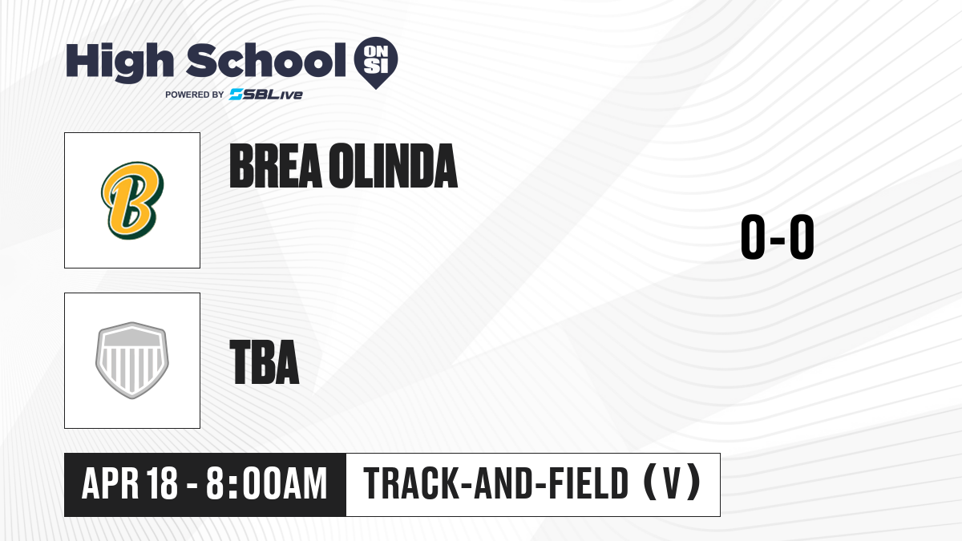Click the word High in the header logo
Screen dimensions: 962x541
coord(119,62)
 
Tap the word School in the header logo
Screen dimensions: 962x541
coord(266,60)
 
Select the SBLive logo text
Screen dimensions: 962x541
coord(266,95)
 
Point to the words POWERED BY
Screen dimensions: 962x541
coord(195,95)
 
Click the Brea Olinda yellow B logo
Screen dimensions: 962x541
coord(132,200)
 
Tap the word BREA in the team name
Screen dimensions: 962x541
coord(276,166)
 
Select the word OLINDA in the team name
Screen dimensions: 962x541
coord(394,166)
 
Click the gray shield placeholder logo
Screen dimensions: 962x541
coord(132,361)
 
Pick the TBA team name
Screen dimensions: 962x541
coord(265,362)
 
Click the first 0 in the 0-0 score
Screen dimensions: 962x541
coord(754,237)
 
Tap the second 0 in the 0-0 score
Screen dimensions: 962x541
coord(802,237)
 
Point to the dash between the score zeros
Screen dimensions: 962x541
coord(778,240)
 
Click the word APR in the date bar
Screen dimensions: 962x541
coord(111,483)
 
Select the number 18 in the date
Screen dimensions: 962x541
coord(161,483)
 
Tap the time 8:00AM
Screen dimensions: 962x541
coord(267,483)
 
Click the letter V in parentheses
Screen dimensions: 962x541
coord(672,483)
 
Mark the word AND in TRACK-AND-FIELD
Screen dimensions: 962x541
coord(504,483)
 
